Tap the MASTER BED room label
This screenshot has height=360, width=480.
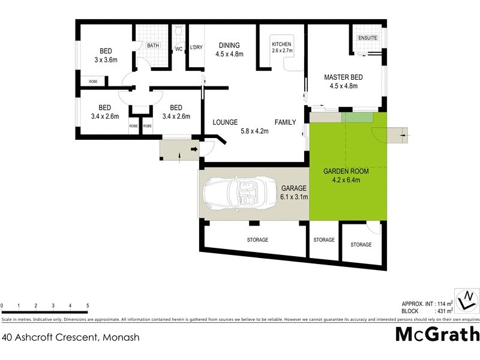341,77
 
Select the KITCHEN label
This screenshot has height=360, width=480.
281,45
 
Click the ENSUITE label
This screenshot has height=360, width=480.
368,38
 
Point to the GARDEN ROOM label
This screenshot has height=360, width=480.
346,171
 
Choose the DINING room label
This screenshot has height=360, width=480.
229,45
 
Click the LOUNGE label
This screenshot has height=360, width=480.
226,122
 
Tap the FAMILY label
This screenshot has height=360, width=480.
286,122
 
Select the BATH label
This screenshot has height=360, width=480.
153,45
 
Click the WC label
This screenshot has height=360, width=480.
179,49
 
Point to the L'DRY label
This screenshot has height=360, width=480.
196,47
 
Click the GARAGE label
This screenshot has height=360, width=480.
294,188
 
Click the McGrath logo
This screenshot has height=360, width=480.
437,334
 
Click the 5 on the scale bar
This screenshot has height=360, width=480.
88,307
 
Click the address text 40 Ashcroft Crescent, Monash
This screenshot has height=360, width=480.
71,337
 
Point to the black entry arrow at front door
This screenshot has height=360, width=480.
194,148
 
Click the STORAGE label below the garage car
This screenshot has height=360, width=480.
257,240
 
